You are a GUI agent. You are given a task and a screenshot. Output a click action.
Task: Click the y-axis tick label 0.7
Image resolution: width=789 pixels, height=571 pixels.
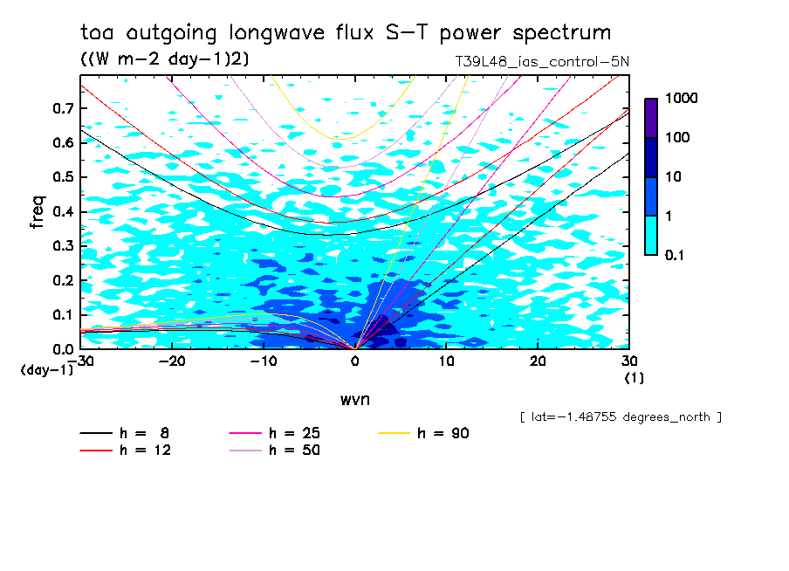tap(63, 108)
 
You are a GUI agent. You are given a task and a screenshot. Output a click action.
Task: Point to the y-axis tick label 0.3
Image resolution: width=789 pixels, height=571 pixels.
tap(63, 246)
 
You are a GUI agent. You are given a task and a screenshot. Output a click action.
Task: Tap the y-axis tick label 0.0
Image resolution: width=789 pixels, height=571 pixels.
tap(63, 349)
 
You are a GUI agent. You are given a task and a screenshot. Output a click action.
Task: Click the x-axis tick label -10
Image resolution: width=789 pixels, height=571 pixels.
tap(263, 361)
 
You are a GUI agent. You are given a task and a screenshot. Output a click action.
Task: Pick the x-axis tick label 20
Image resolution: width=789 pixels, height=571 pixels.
tap(539, 361)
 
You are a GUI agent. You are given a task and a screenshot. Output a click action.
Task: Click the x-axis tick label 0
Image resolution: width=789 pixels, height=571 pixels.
tap(355, 361)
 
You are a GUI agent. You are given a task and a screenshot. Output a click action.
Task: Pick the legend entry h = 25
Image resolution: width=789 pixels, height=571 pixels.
tap(294, 433)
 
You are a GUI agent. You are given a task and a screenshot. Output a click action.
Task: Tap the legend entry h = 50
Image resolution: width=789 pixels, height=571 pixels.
tap(294, 450)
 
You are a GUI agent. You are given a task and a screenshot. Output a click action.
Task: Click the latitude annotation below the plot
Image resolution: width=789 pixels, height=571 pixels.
tap(620, 416)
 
